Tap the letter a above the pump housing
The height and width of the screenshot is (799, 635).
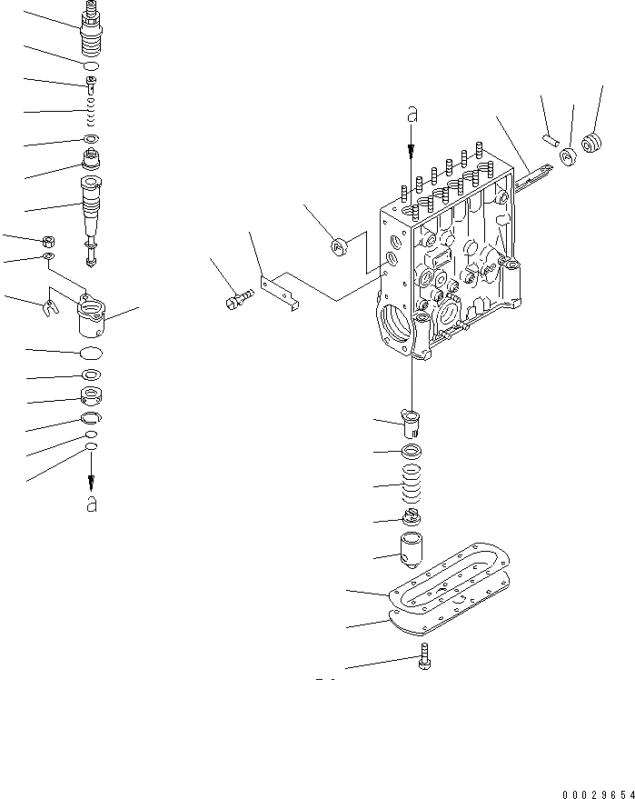click(x=412, y=115)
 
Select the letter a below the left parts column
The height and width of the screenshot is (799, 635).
click(x=91, y=504)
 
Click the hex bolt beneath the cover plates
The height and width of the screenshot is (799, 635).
click(x=425, y=657)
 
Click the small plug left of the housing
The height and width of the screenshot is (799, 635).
click(x=338, y=245)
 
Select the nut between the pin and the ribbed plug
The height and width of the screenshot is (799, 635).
click(x=568, y=155)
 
